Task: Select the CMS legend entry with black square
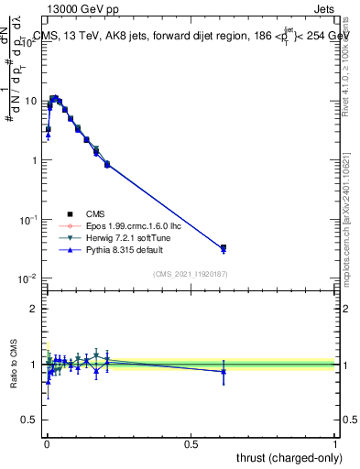tap(108, 213)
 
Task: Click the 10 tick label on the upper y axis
tap(32, 101)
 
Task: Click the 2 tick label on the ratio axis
tap(35, 309)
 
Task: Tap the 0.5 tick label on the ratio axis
tap(30, 421)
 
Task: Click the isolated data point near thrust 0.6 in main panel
tap(224, 247)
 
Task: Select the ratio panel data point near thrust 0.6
tap(224, 371)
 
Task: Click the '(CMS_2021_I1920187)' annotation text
tap(191, 274)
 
